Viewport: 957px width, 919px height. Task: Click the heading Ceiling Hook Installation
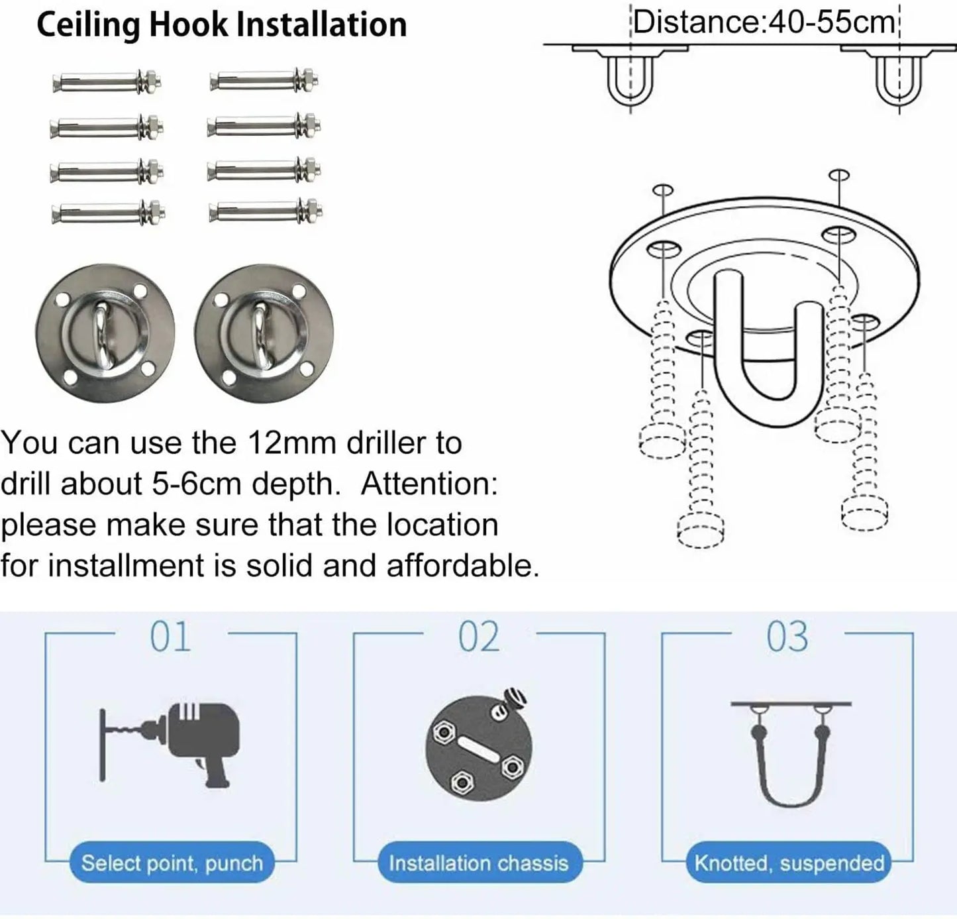pos(222,25)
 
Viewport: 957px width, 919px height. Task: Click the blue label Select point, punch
pos(172,863)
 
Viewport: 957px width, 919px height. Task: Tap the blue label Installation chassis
pos(479,863)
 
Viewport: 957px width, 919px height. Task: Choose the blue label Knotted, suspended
pos(789,863)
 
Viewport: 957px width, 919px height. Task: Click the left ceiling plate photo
pos(105,333)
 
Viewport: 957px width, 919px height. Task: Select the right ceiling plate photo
pos(264,333)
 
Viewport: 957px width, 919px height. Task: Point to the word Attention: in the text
pos(429,484)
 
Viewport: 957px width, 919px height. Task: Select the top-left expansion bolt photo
pos(107,81)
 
